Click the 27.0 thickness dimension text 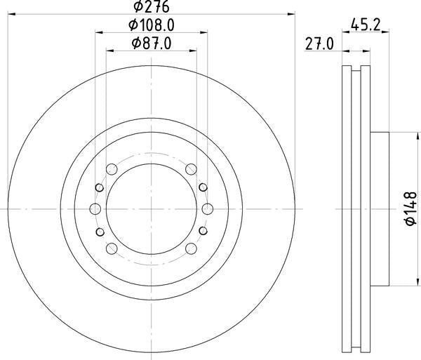[319, 44]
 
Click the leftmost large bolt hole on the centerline [95, 208]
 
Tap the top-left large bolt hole [111, 168]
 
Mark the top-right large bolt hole [191, 168]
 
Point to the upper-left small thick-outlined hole [99, 187]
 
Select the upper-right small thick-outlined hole [203, 187]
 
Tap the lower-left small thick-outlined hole [99, 231]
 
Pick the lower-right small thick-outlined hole [203, 231]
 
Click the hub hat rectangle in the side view [379, 208]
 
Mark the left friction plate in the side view [345, 208]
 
